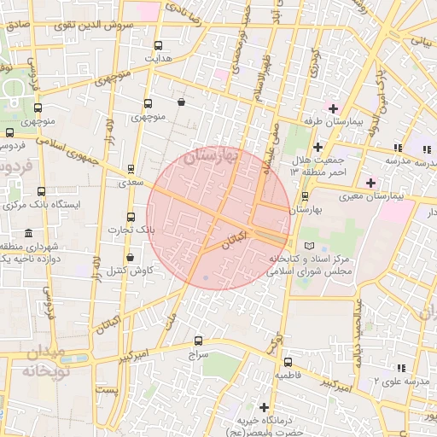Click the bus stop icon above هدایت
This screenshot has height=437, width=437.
coord(157,46)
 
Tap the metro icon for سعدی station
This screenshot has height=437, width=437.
coord(130,169)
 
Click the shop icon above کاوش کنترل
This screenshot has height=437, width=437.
coord(130,257)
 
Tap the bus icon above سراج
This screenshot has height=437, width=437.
coord(199,341)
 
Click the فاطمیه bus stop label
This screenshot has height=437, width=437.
coord(287,375)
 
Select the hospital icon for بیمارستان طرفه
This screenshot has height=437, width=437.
coord(333,108)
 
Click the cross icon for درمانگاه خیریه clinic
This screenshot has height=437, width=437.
coord(264,407)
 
